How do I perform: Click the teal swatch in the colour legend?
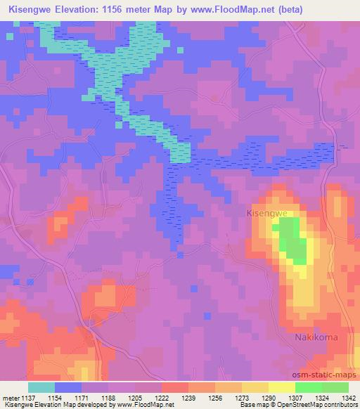(x=41, y=387)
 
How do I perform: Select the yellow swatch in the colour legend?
(x=282, y=387)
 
